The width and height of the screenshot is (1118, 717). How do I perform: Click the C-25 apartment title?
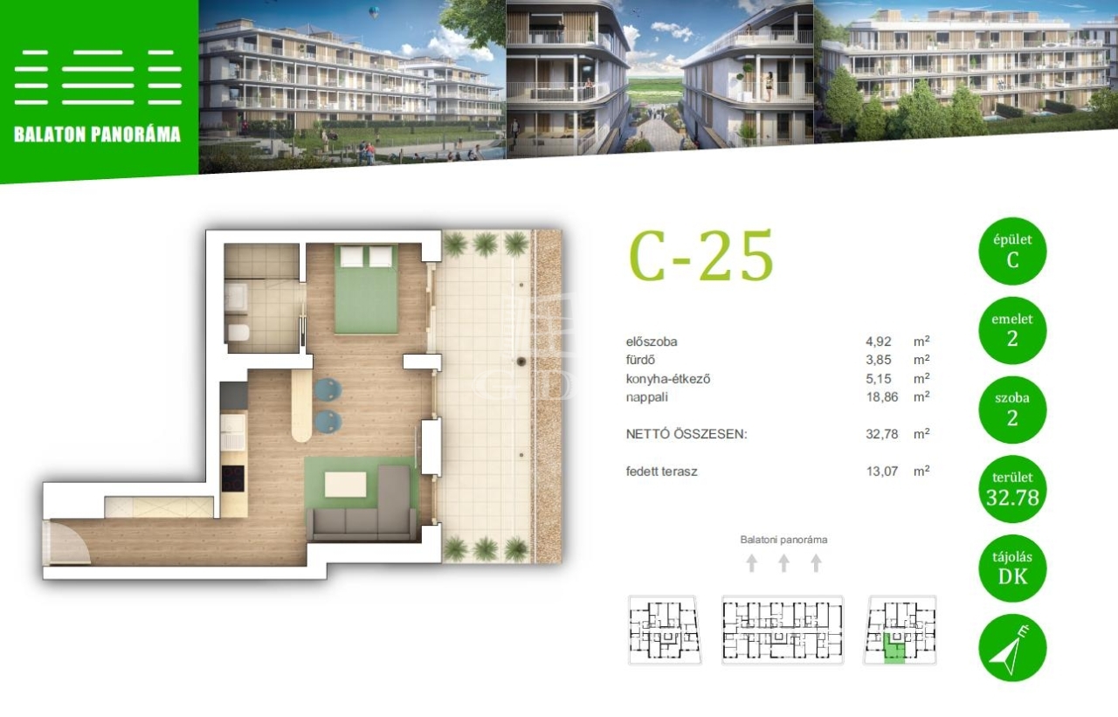click(x=700, y=256)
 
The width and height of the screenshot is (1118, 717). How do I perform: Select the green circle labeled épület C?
click(x=1012, y=251)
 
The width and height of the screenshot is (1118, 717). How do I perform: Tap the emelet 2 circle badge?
click(x=1012, y=330)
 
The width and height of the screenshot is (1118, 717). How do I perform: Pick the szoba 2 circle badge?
click(x=1012, y=410)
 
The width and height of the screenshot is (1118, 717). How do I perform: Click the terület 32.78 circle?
click(x=1012, y=489)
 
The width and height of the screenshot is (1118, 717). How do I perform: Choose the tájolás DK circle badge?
click(x=1012, y=569)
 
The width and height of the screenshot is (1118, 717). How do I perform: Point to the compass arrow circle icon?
click(x=1012, y=648)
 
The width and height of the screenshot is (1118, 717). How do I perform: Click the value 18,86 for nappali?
click(x=882, y=397)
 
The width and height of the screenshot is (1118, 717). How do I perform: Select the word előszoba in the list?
click(x=652, y=341)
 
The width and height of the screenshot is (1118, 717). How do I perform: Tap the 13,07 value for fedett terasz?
click(x=882, y=471)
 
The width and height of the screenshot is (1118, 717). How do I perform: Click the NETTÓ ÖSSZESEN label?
click(x=687, y=434)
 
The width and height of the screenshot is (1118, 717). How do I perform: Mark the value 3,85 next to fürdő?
click(x=879, y=360)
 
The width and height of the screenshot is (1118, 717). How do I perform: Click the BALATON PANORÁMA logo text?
click(x=97, y=134)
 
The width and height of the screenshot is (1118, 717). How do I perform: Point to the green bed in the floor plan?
click(x=366, y=289)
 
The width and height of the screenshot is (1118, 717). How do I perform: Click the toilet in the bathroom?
click(x=238, y=333)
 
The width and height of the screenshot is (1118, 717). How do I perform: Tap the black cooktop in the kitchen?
click(x=233, y=479)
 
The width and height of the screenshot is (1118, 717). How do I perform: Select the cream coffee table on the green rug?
click(x=345, y=485)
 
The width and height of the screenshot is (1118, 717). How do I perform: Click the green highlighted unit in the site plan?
click(x=894, y=649)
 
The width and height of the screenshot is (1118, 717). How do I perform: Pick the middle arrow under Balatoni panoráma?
click(x=783, y=562)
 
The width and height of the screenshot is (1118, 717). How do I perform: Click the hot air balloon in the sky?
click(x=375, y=12)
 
